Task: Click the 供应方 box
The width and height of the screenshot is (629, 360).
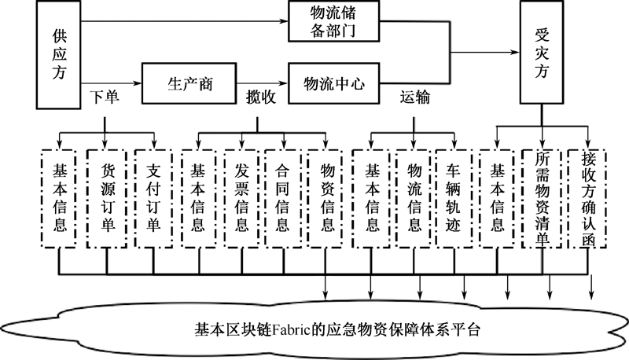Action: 58,54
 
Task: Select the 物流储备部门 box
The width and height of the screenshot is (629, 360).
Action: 333,21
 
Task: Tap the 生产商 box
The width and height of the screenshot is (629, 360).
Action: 189,83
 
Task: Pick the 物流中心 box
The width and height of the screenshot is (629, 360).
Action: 333,83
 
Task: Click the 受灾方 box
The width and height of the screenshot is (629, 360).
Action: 542,53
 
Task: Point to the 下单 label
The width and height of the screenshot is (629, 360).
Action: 105,97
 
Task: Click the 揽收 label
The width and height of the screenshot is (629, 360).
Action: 261,97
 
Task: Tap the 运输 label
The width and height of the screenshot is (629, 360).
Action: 415,97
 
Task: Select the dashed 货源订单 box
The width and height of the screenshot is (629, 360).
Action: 107,199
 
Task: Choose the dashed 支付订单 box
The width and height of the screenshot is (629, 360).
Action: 153,199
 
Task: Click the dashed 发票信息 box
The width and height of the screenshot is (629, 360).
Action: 241,199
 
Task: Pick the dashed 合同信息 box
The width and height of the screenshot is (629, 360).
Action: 283,199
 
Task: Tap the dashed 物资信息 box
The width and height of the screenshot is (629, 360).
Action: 326,199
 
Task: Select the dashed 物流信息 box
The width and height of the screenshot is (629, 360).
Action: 414,199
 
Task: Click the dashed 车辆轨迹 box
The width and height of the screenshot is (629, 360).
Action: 454,199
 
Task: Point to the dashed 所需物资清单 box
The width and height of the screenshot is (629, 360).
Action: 543,199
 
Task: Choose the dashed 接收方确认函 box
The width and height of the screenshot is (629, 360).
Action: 587,199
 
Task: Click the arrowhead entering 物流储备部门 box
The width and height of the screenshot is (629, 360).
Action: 283,21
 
